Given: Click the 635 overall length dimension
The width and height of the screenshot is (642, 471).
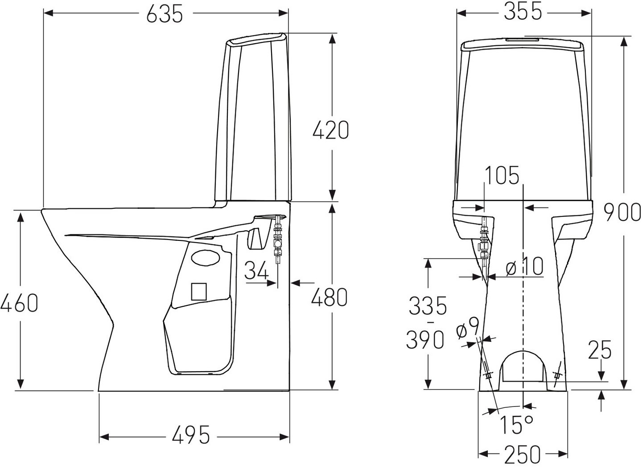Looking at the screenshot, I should [x=165, y=14].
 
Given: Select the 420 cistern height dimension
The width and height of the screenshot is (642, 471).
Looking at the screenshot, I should [x=330, y=130].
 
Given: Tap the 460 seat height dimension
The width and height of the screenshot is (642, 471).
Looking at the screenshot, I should [x=19, y=303].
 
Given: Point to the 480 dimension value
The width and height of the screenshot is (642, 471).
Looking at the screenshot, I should [x=329, y=297].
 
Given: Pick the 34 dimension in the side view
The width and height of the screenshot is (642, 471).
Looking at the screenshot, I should [x=256, y=270].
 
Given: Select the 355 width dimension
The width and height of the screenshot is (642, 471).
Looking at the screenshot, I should [x=523, y=12].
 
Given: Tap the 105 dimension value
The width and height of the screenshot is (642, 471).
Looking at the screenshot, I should [x=502, y=175].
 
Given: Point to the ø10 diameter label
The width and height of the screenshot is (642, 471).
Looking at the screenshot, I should [x=525, y=267].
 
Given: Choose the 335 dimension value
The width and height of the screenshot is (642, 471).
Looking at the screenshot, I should [x=428, y=305].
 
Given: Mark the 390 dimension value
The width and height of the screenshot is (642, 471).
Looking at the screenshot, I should [x=425, y=340].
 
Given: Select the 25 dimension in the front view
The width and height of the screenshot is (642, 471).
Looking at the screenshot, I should [x=600, y=350].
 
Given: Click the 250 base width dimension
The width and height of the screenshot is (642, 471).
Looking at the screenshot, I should [x=523, y=455].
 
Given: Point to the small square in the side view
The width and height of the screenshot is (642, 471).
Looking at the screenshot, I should [x=199, y=291].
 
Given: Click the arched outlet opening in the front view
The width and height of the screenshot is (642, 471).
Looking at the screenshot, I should [x=524, y=367].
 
